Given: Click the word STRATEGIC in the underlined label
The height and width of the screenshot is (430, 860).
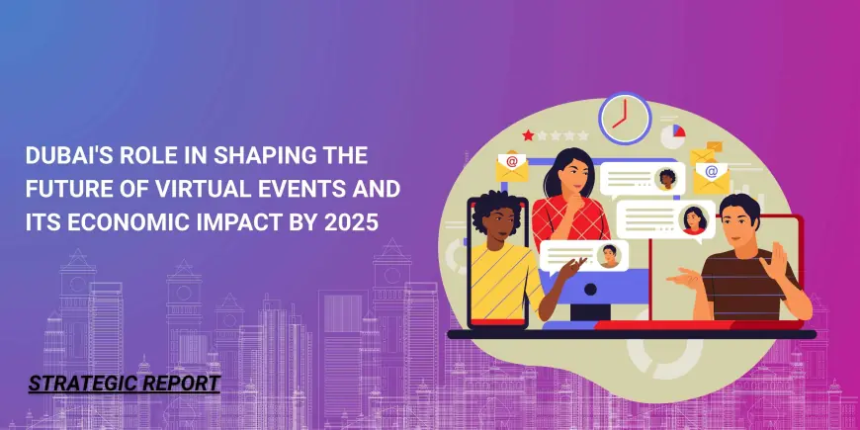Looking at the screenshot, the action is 76,383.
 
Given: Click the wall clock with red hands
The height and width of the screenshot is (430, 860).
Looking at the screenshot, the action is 625,119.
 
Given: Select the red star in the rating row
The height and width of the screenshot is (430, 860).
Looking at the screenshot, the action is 528,134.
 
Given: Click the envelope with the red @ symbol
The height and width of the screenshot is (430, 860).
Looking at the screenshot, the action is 512,166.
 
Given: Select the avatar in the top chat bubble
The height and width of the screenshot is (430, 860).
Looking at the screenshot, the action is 667,179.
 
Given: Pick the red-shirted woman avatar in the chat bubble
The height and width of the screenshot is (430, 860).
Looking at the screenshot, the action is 694,220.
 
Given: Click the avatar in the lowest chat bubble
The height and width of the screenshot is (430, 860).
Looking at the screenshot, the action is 609,256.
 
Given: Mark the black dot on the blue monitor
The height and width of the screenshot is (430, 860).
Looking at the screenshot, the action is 590,289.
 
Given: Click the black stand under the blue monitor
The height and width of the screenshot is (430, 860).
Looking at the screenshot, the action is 590,312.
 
